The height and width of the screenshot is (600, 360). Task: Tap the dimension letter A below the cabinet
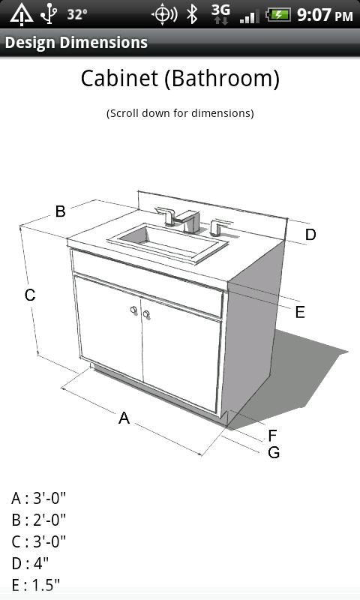(x=124, y=418)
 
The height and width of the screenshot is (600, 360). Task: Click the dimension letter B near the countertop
(x=61, y=211)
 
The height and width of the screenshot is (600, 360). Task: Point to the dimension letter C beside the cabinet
(x=30, y=295)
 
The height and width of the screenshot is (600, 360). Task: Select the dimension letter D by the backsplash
(x=310, y=234)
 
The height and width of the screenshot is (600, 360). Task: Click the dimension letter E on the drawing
(x=300, y=312)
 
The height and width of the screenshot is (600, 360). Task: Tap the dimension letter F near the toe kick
(x=272, y=436)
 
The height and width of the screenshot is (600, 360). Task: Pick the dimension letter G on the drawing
(x=274, y=452)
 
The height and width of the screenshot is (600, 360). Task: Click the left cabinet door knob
(x=133, y=310)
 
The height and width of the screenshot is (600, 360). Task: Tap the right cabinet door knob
(x=146, y=314)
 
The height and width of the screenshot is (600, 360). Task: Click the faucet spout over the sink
(x=187, y=220)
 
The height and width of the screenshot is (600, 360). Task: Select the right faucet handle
(x=218, y=227)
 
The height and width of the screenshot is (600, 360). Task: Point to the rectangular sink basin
(x=167, y=241)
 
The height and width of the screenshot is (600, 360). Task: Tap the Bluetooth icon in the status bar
(x=192, y=14)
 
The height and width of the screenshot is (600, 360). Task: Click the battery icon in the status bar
(x=278, y=15)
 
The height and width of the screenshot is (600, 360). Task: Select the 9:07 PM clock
(x=325, y=15)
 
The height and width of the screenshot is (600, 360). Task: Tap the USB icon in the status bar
(x=49, y=13)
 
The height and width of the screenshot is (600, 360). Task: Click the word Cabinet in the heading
(x=119, y=78)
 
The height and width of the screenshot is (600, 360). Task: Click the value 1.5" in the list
(x=46, y=585)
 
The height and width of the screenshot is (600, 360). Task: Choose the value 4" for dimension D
(x=40, y=563)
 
